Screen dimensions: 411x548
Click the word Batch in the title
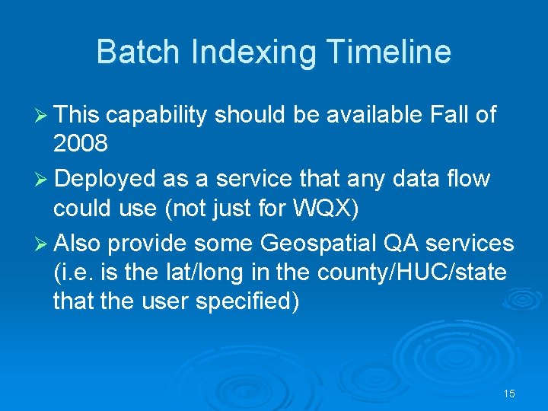139,53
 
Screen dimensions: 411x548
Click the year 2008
80,143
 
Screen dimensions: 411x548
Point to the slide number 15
509,393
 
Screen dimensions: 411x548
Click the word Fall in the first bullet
449,115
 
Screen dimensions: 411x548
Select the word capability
157,115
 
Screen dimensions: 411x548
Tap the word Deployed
105,179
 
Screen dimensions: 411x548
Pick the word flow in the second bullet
469,179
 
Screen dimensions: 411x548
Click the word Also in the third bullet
78,244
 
